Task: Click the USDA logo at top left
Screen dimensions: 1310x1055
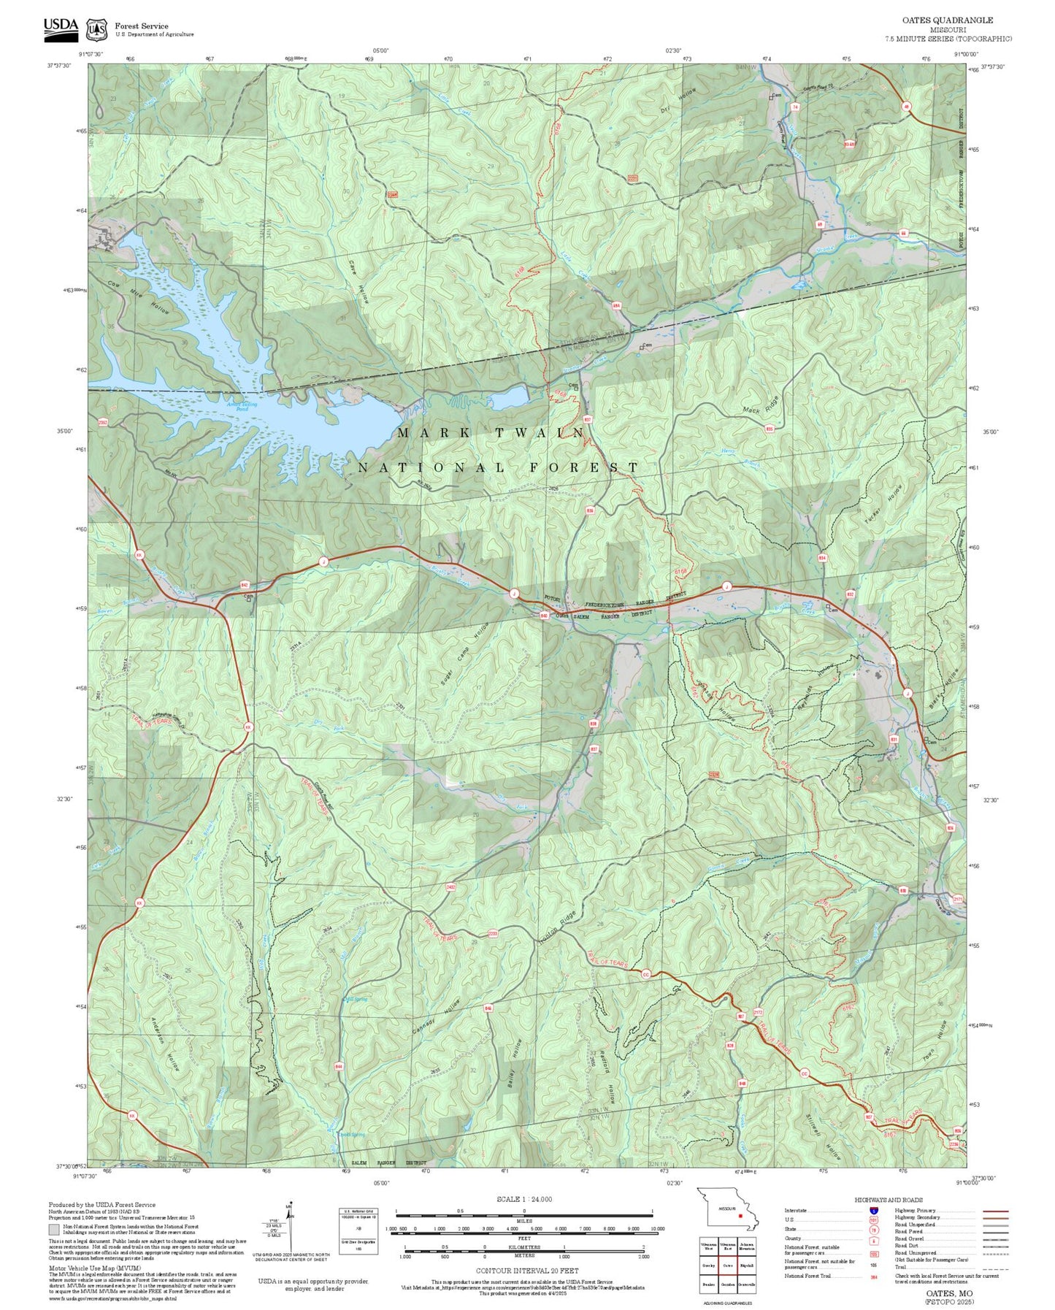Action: tap(61, 26)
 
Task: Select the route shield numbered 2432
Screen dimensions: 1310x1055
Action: tap(451, 886)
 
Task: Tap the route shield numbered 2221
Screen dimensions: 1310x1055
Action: tap(632, 177)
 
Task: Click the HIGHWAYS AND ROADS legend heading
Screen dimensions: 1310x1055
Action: tap(888, 1200)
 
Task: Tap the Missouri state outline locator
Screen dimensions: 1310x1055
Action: tap(727, 1217)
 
